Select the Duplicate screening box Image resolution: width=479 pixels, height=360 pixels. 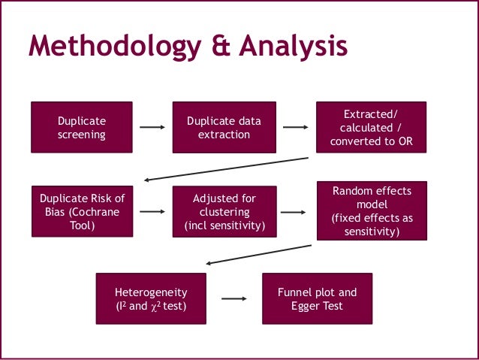82,128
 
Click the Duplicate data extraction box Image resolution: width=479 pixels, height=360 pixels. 224,128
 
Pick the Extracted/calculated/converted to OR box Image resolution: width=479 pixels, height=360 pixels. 372,127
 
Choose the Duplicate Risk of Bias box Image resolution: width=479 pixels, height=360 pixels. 82,211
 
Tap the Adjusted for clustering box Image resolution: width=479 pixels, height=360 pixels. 224,211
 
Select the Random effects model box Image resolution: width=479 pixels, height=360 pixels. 372,211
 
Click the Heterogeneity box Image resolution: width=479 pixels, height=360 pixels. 150,298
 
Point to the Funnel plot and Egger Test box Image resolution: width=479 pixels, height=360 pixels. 317,298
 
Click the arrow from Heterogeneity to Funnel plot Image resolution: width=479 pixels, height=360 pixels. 235,298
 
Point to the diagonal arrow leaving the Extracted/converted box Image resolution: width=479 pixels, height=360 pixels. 225,169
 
